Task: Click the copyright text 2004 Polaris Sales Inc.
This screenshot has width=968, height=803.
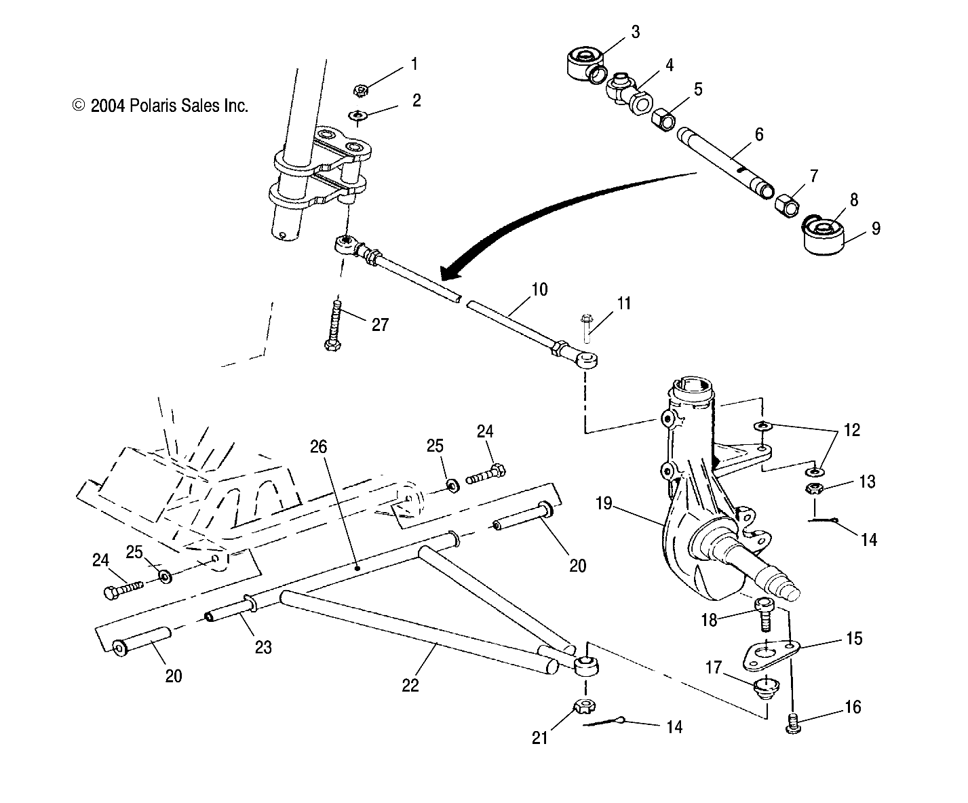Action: click(161, 106)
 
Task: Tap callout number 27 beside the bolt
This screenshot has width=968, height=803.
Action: click(380, 325)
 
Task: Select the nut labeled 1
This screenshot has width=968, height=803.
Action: click(362, 90)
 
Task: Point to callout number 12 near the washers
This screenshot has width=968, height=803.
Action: click(852, 430)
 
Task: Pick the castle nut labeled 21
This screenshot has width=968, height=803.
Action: click(585, 708)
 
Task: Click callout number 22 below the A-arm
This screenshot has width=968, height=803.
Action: click(410, 685)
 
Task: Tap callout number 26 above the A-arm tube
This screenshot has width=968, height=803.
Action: click(319, 447)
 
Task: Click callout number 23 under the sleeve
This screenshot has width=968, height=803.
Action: click(263, 647)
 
